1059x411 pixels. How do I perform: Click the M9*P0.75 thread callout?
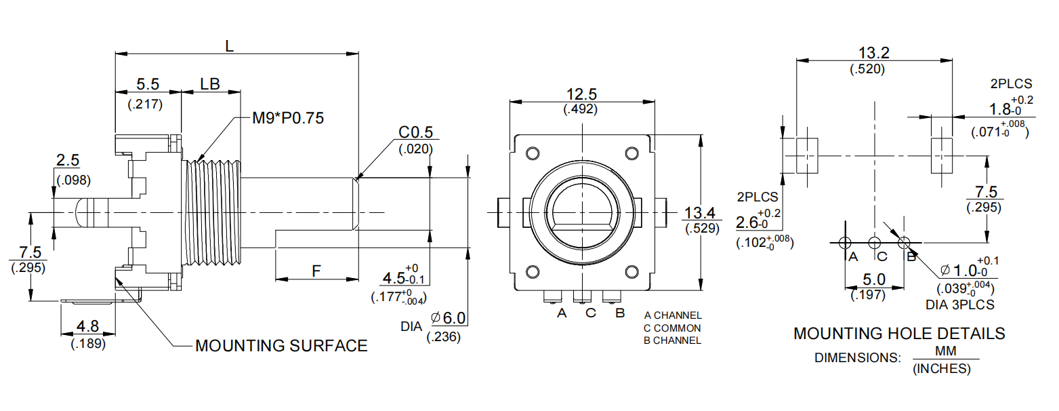287,118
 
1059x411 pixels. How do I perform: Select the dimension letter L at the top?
230,46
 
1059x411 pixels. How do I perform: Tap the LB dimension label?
210,84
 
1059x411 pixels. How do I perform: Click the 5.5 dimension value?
148,84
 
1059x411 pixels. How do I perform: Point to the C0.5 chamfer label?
415,131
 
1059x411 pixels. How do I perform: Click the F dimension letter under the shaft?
316,271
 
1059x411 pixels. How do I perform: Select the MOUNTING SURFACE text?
281,346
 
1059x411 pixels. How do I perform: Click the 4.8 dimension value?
87,326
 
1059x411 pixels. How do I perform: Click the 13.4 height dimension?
701,212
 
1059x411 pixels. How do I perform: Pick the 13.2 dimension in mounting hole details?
873,53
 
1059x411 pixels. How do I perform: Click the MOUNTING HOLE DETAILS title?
899,334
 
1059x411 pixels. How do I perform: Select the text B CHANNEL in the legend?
672,340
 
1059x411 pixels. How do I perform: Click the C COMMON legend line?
672,328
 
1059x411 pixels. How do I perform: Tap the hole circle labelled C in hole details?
874,241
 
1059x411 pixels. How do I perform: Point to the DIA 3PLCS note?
959,305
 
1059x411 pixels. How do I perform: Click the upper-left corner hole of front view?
533,152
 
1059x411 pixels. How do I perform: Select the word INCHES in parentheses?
942,370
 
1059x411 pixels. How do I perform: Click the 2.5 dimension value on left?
68,161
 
